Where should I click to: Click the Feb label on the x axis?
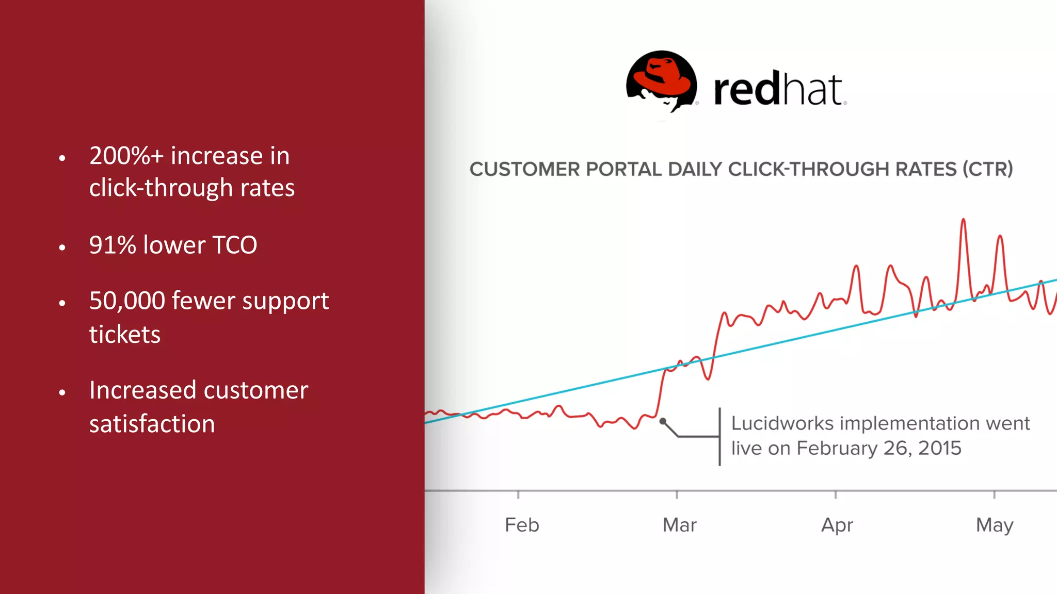[522, 525]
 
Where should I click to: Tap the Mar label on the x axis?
[679, 525]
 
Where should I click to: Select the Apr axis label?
[837, 525]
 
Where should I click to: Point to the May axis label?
[994, 525]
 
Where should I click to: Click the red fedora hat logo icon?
[661, 80]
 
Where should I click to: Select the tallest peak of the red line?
[963, 221]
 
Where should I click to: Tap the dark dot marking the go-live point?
[663, 421]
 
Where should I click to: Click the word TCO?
[234, 245]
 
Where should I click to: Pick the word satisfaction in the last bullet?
[152, 424]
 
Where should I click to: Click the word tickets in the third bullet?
[124, 335]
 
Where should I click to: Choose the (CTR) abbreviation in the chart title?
[987, 169]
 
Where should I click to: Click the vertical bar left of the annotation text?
[719, 437]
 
